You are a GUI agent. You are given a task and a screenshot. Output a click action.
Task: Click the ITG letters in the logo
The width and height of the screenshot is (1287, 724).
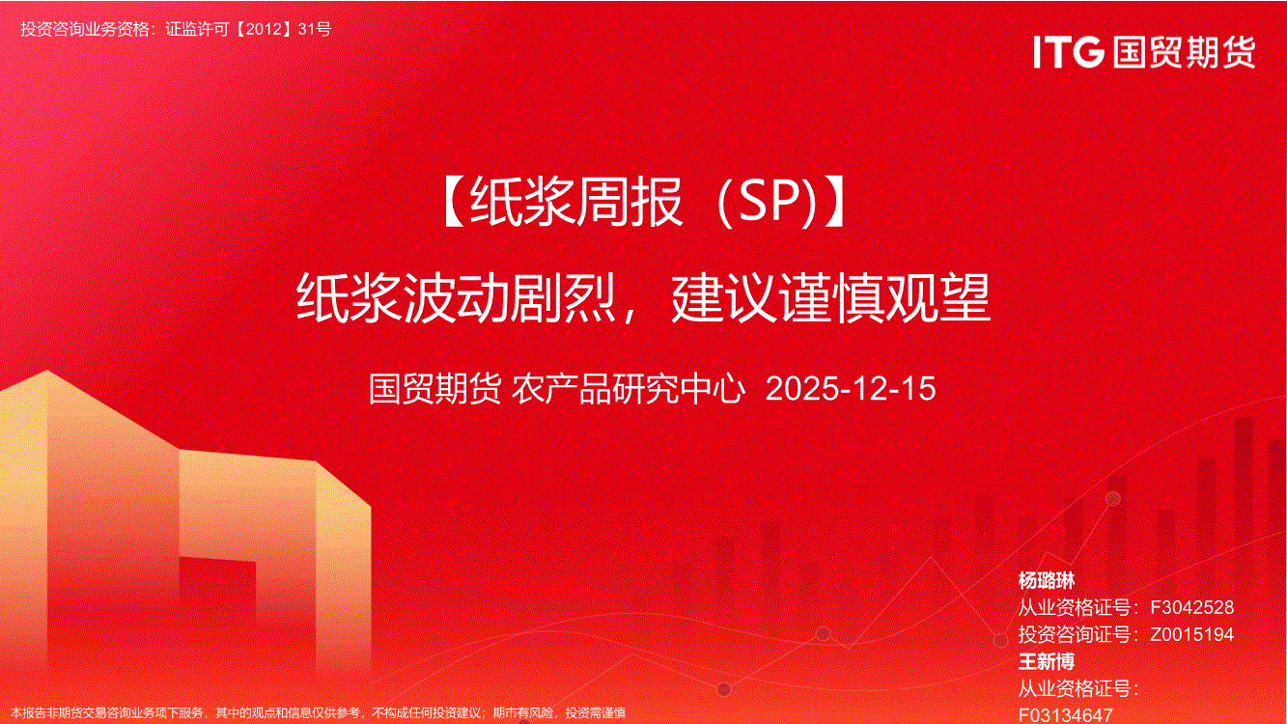pyautogui.click(x=1069, y=52)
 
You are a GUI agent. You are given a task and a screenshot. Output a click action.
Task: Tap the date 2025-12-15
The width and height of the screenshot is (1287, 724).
pyautogui.click(x=851, y=388)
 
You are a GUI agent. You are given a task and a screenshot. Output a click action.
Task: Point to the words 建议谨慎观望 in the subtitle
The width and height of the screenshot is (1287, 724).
pyautogui.click(x=830, y=297)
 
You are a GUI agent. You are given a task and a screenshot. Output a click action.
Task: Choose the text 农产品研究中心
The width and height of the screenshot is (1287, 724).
pyautogui.click(x=628, y=388)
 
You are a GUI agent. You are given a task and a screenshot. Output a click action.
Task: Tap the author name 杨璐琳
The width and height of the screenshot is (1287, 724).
pyautogui.click(x=1047, y=580)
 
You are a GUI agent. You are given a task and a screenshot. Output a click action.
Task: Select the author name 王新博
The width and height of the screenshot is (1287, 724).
pyautogui.click(x=1047, y=661)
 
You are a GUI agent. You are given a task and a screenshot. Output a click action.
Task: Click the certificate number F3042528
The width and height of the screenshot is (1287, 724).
pyautogui.click(x=1191, y=607)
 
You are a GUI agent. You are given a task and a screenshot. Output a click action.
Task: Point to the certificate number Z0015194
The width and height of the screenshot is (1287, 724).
pyautogui.click(x=1191, y=634)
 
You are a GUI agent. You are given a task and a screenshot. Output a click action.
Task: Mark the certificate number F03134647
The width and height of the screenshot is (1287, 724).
pyautogui.click(x=1066, y=715)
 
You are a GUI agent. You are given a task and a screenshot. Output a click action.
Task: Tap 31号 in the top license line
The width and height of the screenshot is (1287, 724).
pyautogui.click(x=315, y=29)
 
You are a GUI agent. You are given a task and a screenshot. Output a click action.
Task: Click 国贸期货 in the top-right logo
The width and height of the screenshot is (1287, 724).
pyautogui.click(x=1184, y=52)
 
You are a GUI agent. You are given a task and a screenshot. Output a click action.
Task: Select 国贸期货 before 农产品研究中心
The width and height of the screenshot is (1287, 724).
pyautogui.click(x=434, y=388)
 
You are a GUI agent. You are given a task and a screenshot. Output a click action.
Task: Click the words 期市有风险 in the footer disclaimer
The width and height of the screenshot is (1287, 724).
pyautogui.click(x=523, y=713)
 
